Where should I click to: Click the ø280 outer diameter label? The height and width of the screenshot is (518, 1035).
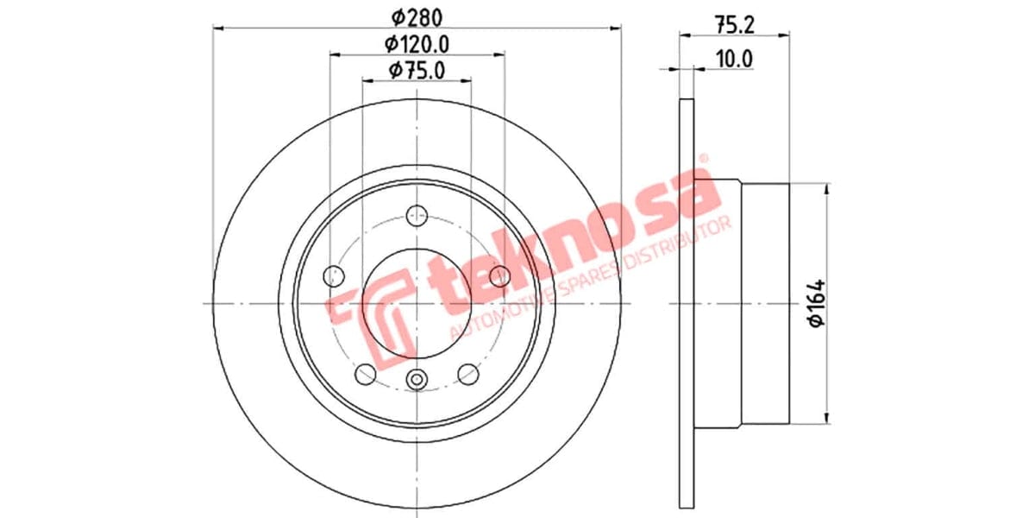(x=417, y=16)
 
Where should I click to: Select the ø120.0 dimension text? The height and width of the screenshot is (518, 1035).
(x=417, y=43)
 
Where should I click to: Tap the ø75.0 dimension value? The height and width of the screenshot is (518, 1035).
(x=417, y=71)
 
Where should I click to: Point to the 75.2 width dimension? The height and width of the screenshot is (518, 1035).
(x=735, y=25)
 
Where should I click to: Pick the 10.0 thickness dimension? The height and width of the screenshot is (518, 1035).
(x=735, y=59)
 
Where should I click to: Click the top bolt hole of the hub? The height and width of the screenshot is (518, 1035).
(x=417, y=214)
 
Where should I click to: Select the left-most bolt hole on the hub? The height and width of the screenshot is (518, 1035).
(x=333, y=276)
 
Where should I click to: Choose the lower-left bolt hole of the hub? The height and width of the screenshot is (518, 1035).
(x=366, y=374)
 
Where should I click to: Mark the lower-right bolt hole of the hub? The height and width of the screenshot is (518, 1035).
(x=468, y=374)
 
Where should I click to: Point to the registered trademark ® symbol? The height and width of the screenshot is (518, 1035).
(x=702, y=159)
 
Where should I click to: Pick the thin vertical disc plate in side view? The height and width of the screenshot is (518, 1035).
(x=687, y=302)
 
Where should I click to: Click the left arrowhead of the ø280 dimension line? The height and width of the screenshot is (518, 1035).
(x=217, y=28)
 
